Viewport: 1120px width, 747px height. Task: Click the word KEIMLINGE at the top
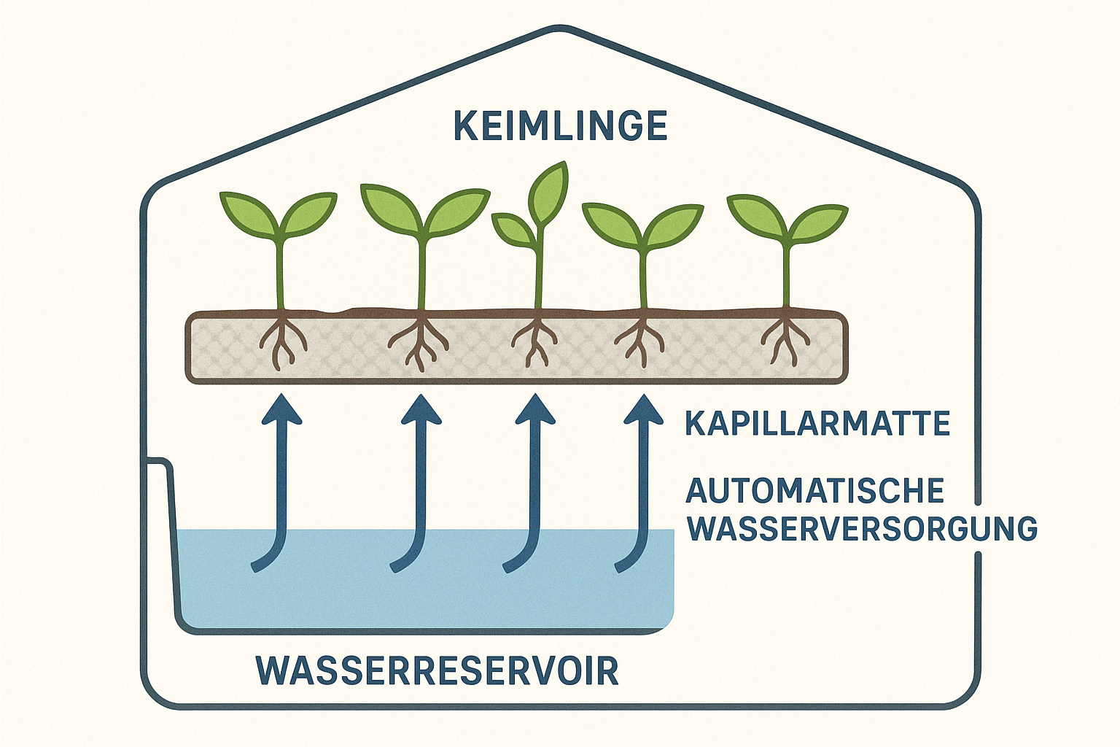560,126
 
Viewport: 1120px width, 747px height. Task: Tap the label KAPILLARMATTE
817,423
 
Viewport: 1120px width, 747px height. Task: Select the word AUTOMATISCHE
814,491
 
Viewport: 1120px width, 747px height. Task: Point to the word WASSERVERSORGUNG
862,528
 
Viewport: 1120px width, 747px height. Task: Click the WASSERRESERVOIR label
437,670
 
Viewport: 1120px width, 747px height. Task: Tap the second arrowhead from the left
421,410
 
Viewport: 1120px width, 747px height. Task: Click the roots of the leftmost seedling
281,340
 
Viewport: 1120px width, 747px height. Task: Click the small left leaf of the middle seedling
513,228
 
